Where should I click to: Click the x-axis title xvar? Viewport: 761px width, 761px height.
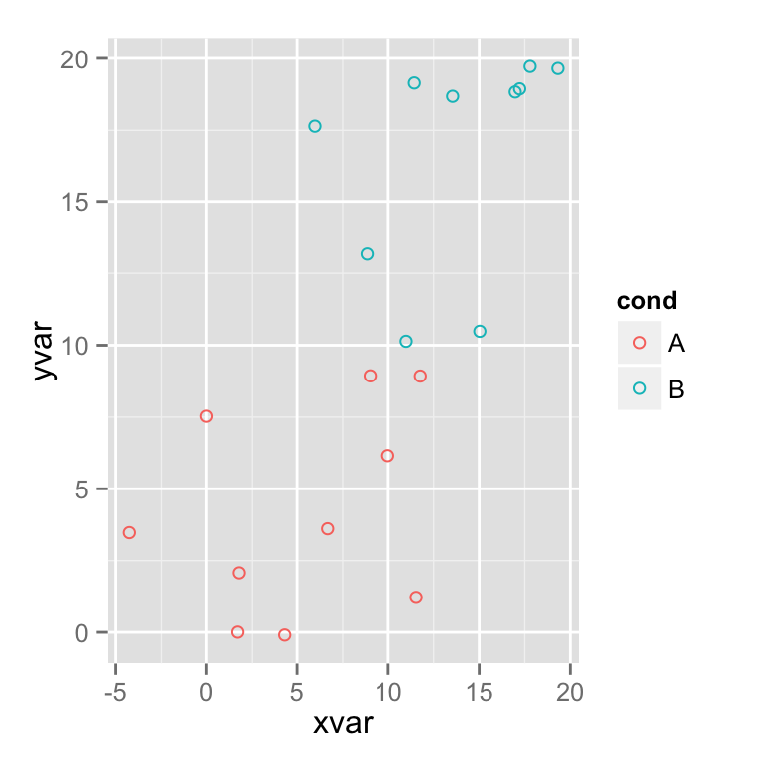(x=342, y=723)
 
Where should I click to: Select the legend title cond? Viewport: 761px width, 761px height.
(x=646, y=301)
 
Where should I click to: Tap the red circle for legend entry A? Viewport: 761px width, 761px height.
(x=639, y=343)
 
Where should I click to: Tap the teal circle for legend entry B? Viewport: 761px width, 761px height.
(x=639, y=389)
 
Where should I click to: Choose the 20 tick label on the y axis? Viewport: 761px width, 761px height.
(x=74, y=59)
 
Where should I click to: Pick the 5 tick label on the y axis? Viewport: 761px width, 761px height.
(x=82, y=489)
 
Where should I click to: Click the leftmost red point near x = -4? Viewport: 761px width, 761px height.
(x=129, y=532)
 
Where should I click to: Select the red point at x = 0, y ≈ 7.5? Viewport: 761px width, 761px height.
(x=206, y=416)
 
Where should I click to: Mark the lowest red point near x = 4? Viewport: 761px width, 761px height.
(x=285, y=634)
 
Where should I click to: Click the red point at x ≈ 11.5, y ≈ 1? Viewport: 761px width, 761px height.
(x=416, y=597)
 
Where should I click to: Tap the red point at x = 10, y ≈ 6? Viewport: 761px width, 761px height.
(x=387, y=456)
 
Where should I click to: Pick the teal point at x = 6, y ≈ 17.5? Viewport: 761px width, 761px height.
(x=315, y=126)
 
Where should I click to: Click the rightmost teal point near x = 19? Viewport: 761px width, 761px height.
(x=558, y=68)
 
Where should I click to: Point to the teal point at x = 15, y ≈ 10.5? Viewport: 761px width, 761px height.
(x=480, y=331)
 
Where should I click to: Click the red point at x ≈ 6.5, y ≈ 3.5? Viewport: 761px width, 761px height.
(x=328, y=528)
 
